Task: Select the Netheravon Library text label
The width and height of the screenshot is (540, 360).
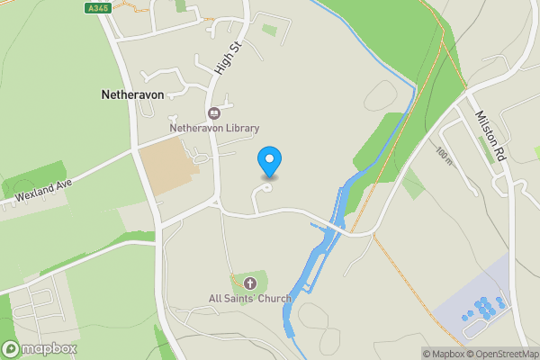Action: click(x=214, y=129)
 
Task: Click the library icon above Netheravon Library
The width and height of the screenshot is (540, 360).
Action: click(x=214, y=112)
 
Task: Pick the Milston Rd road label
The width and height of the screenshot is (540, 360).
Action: click(x=492, y=136)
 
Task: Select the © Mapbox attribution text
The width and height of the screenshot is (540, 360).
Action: click(x=446, y=354)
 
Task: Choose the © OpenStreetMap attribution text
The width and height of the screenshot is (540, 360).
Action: click(x=504, y=354)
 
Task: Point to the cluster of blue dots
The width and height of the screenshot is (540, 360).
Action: click(x=483, y=309)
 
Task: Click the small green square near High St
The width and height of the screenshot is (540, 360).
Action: click(x=269, y=30)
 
